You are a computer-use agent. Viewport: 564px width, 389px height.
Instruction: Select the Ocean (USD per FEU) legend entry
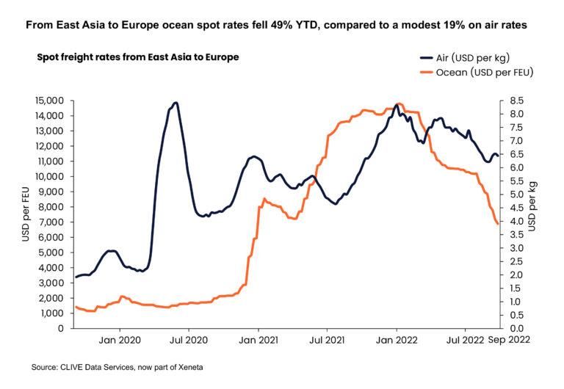pos(474,73)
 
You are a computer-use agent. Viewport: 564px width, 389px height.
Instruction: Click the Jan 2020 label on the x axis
pos(119,340)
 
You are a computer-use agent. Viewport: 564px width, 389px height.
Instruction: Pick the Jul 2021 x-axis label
pos(326,340)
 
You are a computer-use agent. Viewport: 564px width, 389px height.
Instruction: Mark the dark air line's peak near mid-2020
pos(176,103)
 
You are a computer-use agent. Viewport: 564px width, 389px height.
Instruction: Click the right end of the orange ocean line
pos(499,224)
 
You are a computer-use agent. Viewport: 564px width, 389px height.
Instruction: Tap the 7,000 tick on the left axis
pos(51,222)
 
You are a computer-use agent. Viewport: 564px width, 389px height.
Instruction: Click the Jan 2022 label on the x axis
pos(397,340)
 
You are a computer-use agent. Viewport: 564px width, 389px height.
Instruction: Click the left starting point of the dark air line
pos(76,277)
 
